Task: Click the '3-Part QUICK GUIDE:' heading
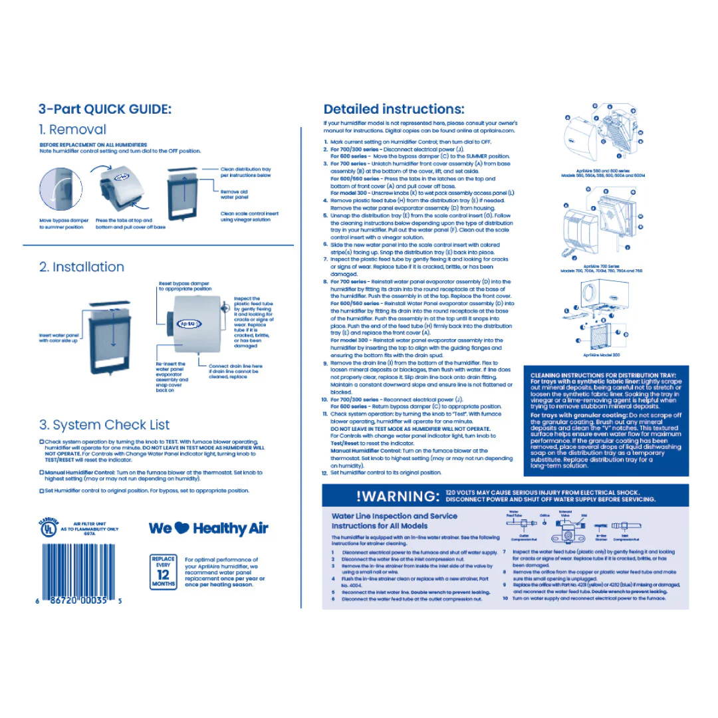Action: click(104, 109)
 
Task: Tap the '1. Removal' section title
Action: click(72, 130)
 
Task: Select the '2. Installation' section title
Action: click(82, 267)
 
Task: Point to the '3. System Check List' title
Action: click(104, 425)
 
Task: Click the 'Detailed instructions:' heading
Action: click(394, 109)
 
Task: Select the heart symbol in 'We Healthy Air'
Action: click(183, 529)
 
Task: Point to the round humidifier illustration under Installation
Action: click(195, 324)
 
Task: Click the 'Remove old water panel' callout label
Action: click(234, 194)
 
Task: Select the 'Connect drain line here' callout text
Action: click(235, 366)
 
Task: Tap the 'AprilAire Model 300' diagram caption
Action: click(601, 355)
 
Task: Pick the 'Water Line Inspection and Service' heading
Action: click(394, 516)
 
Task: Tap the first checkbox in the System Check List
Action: click(42, 441)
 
